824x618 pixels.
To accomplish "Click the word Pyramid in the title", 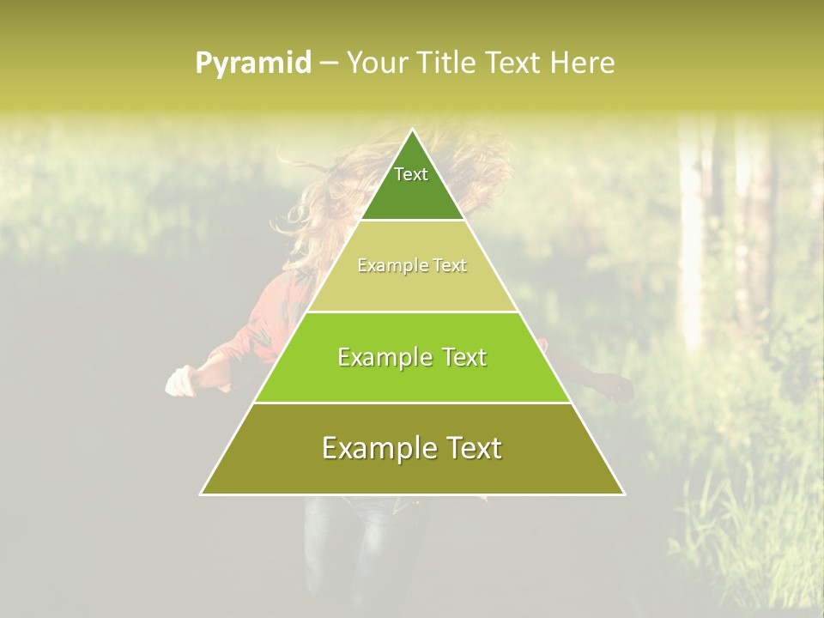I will tap(253, 64).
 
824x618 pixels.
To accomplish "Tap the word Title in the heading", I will tap(446, 63).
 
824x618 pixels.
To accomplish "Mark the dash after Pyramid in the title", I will tap(329, 64).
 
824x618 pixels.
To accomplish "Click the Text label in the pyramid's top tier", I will tap(411, 174).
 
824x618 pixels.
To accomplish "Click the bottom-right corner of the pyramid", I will tap(623, 494).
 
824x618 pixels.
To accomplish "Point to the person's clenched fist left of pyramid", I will tap(179, 383).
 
